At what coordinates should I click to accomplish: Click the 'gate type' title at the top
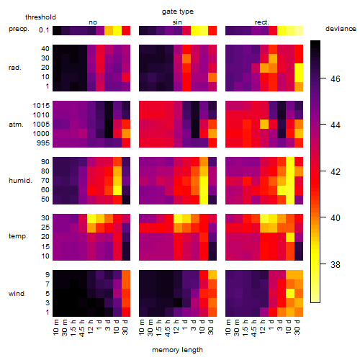(178, 12)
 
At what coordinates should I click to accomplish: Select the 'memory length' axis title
(178, 350)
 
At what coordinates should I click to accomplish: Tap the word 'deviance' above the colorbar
(341, 29)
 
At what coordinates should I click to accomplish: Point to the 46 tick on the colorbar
(336, 78)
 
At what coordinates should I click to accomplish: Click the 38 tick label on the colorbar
(336, 264)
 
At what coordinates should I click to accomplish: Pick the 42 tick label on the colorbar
(336, 171)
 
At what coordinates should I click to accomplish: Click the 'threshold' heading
(40, 17)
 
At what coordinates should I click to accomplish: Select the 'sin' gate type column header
(177, 22)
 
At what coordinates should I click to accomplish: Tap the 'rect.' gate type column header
(262, 22)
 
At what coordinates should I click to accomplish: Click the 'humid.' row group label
(20, 181)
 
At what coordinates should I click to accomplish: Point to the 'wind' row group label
(17, 294)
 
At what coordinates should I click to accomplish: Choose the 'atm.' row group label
(16, 125)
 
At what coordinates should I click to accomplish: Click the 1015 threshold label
(41, 106)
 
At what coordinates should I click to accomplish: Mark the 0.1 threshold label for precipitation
(44, 30)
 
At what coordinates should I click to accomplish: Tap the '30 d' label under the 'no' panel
(125, 327)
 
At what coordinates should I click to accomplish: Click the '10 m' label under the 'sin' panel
(142, 327)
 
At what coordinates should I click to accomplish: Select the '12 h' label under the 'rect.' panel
(263, 327)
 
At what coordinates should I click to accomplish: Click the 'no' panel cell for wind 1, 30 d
(126, 312)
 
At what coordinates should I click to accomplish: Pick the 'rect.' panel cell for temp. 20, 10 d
(290, 237)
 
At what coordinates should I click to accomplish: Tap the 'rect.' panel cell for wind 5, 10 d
(290, 293)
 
